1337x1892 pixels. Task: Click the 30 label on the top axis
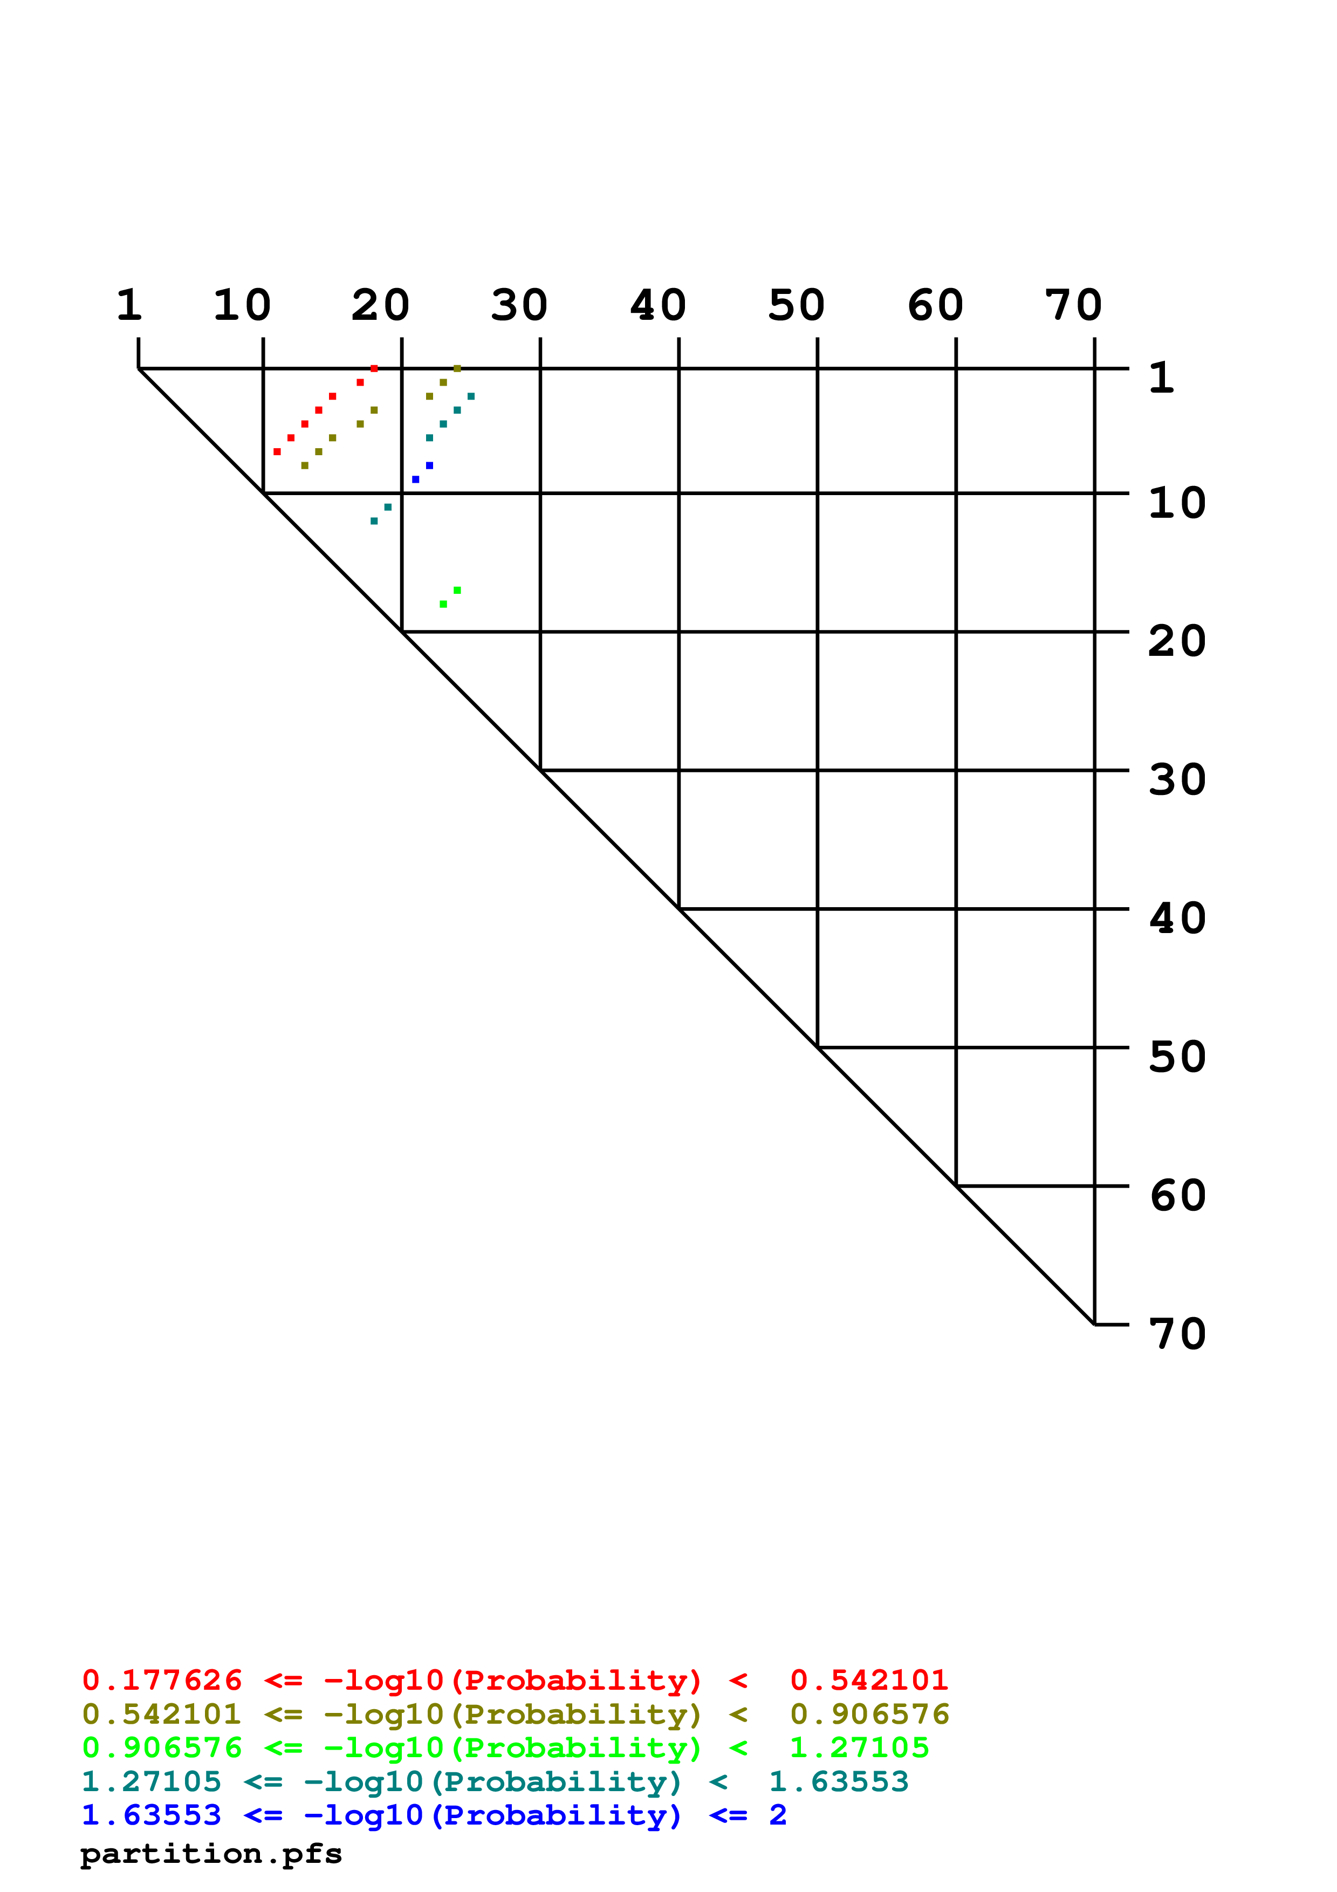pyautogui.click(x=519, y=306)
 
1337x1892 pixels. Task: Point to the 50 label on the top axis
pyautogui.click(x=797, y=306)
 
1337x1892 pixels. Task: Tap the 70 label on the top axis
pyautogui.click(x=1073, y=306)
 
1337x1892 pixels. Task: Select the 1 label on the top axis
pyautogui.click(x=129, y=306)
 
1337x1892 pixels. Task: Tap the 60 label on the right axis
pyautogui.click(x=1177, y=1196)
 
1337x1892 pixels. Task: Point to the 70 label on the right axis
pyautogui.click(x=1177, y=1334)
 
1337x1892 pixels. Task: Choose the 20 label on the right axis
pyautogui.click(x=1177, y=641)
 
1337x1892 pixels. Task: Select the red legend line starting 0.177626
pyautogui.click(x=516, y=1680)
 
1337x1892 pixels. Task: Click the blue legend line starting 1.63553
pyautogui.click(x=434, y=1815)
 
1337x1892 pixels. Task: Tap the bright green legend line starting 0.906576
pyautogui.click(x=506, y=1748)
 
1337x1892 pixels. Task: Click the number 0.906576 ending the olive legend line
pyautogui.click(x=869, y=1714)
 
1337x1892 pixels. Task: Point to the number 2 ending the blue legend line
pyautogui.click(x=778, y=1815)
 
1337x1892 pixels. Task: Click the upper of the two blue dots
pyautogui.click(x=429, y=465)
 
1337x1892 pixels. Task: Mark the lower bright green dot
pyautogui.click(x=443, y=604)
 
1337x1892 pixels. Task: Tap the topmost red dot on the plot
pyautogui.click(x=374, y=368)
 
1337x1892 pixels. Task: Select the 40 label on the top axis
pyautogui.click(x=658, y=306)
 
